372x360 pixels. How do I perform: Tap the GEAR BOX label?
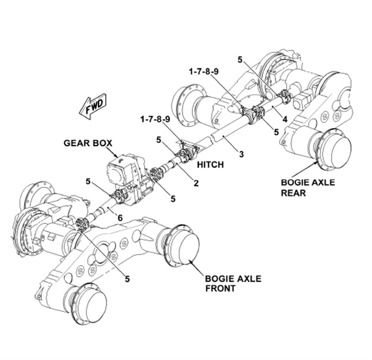click(x=88, y=143)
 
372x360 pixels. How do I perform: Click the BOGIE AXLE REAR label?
click(x=308, y=187)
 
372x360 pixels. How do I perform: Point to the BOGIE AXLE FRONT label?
click(x=233, y=283)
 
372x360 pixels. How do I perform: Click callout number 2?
click(x=196, y=183)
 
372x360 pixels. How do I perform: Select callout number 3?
click(x=241, y=154)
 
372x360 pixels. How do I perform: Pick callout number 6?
click(x=120, y=218)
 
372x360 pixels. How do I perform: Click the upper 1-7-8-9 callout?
click(x=204, y=72)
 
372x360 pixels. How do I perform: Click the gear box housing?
click(x=124, y=174)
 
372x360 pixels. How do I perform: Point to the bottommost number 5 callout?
click(x=127, y=279)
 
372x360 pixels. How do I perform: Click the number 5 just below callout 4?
click(x=276, y=132)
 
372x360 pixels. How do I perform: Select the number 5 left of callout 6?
click(x=88, y=181)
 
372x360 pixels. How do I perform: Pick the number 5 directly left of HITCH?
click(x=159, y=140)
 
